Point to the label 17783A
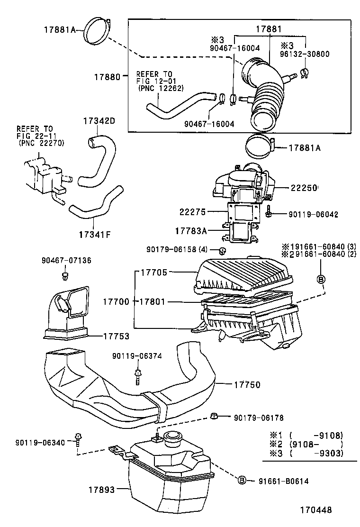click(x=191, y=231)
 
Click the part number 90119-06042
click(x=314, y=214)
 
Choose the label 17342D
click(x=99, y=120)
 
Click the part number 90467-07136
click(x=66, y=260)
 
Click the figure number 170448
click(x=315, y=510)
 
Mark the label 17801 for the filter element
click(x=151, y=301)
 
